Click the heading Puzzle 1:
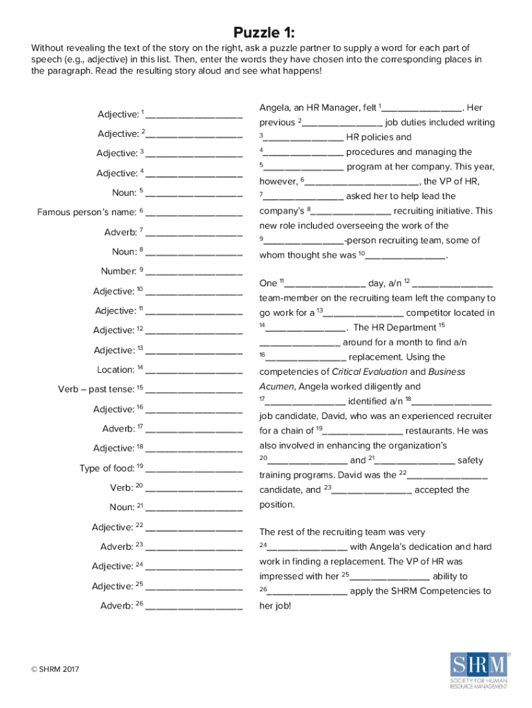[x=266, y=32]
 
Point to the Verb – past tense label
[x=100, y=389]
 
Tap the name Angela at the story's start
[x=274, y=108]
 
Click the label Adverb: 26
[x=122, y=606]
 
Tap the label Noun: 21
[x=122, y=507]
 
